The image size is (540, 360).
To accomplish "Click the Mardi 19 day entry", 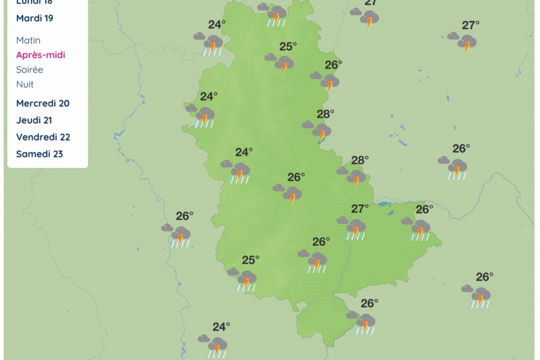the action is (x=35, y=18).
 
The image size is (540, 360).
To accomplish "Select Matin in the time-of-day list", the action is (x=28, y=40).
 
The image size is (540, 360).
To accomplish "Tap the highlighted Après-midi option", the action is (x=40, y=55).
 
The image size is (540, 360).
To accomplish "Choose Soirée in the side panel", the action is (x=30, y=70).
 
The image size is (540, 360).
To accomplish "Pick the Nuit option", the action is (x=25, y=84).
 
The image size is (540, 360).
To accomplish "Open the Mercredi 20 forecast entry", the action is (x=43, y=103).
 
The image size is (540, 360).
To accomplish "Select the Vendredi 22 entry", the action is (x=43, y=137).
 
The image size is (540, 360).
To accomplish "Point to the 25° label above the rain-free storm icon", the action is (x=288, y=47).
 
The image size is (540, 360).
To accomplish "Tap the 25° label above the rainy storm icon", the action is (x=251, y=260).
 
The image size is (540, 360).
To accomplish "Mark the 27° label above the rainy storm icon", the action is (x=360, y=209).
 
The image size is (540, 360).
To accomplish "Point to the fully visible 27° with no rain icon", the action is (x=471, y=25).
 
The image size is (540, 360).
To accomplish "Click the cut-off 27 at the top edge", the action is (x=371, y=2).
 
